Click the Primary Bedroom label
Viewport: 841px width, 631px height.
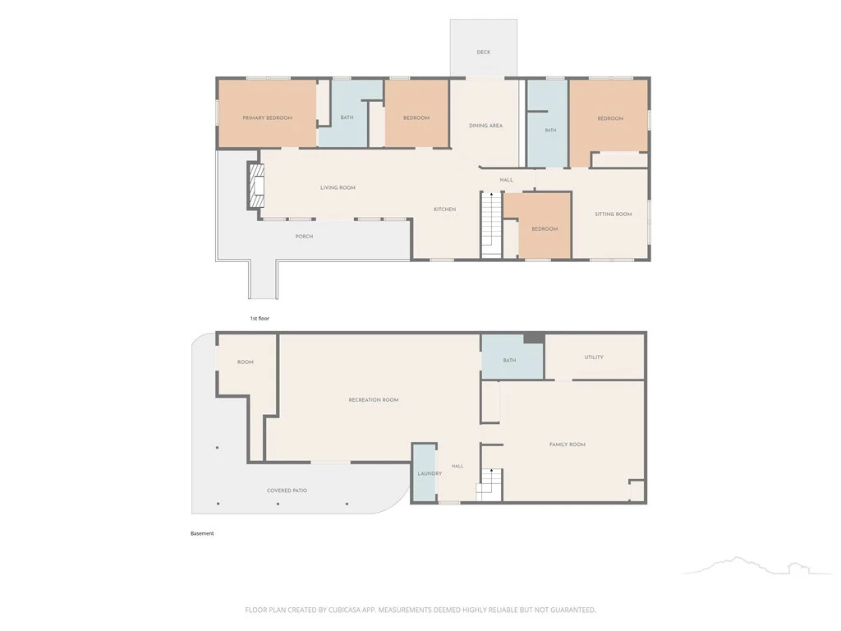[267, 118]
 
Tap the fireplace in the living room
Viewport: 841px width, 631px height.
[255, 185]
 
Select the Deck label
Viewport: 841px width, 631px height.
[483, 53]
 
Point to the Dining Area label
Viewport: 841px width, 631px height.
[485, 126]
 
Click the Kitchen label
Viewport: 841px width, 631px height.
[444, 210]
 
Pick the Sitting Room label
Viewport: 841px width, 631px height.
[613, 214]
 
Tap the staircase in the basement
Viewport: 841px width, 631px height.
[489, 485]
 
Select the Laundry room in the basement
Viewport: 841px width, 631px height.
[425, 473]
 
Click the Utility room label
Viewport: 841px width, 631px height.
[594, 357]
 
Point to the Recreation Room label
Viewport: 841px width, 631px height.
[374, 400]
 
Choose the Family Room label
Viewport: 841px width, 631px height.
[567, 444]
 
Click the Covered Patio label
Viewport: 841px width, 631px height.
[287, 491]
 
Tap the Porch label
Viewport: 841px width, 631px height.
[304, 237]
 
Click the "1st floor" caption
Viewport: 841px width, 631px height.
[260, 319]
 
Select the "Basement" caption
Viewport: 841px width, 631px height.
[202, 533]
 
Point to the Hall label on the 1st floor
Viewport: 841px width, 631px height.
[506, 180]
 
